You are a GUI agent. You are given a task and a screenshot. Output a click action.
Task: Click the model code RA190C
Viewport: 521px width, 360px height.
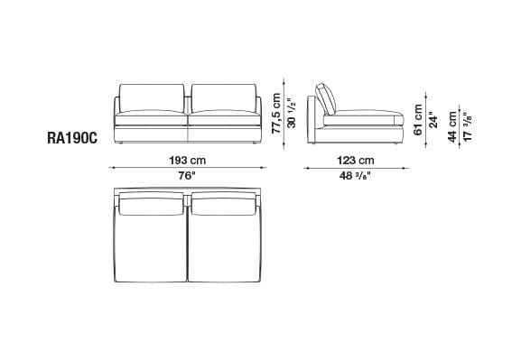pyautogui.click(x=72, y=138)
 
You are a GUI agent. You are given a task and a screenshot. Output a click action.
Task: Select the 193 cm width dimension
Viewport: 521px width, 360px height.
pyautogui.click(x=188, y=161)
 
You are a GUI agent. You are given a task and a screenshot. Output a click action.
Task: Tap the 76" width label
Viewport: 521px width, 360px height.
pyautogui.click(x=188, y=175)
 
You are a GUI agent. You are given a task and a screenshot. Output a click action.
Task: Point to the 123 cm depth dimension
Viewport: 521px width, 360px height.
pyautogui.click(x=356, y=161)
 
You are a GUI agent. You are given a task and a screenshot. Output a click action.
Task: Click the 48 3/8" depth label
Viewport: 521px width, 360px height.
pyautogui.click(x=355, y=176)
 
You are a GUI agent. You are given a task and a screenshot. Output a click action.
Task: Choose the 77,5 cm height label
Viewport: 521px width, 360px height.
pyautogui.click(x=276, y=114)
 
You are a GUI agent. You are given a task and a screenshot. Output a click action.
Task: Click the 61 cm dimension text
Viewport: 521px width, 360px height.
pyautogui.click(x=418, y=120)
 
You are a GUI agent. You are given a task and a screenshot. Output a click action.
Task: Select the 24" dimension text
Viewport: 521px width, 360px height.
pyautogui.click(x=433, y=120)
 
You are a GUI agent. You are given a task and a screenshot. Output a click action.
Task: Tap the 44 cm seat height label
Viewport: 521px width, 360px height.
pyautogui.click(x=452, y=127)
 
